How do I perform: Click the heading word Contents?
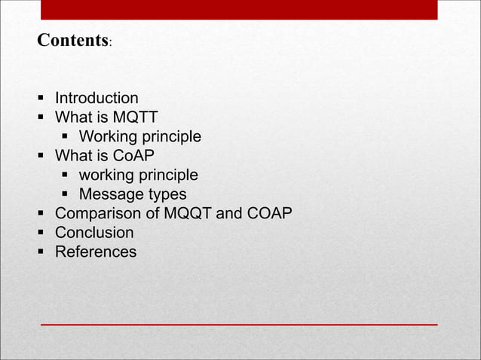point(72,40)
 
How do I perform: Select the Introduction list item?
point(97,98)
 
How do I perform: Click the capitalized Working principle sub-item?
point(139,137)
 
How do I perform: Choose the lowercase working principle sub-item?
point(138,175)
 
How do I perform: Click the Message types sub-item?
point(132,195)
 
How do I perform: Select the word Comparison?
point(98,214)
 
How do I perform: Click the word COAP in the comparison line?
point(269,214)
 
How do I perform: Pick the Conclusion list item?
point(94,233)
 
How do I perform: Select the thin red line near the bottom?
point(238,324)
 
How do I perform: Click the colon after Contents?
point(110,44)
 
